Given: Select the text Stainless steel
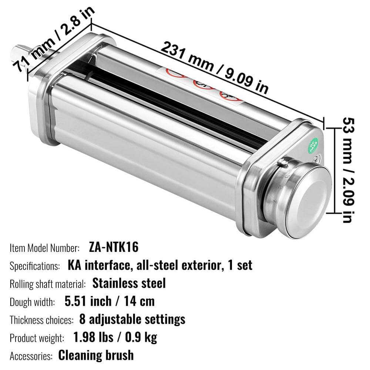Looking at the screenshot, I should click(x=129, y=283).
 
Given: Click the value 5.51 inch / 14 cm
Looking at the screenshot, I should click(x=110, y=301).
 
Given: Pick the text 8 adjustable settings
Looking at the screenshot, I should click(x=132, y=319).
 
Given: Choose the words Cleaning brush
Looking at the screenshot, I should click(x=96, y=355).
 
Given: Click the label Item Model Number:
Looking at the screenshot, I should click(x=45, y=248).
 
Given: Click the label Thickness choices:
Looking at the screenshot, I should click(x=42, y=320).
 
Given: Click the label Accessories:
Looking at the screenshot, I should click(x=31, y=356).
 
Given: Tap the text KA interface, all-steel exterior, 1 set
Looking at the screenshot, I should click(x=160, y=265).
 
